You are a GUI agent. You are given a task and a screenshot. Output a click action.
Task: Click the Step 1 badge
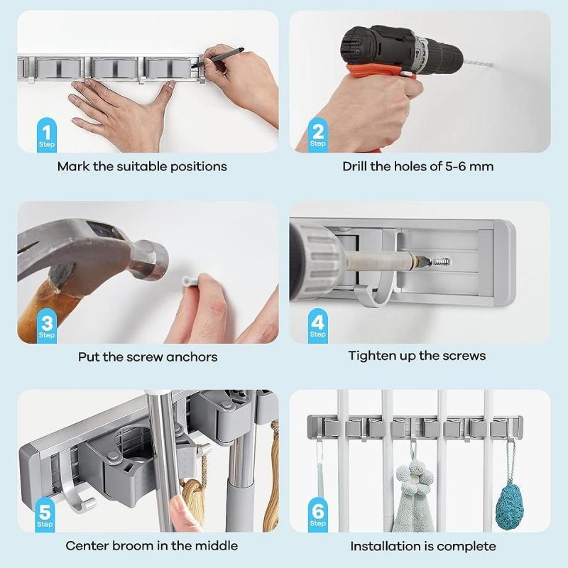point(47,135)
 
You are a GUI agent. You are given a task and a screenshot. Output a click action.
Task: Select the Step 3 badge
point(47,326)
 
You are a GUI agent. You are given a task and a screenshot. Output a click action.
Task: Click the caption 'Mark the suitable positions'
point(142,166)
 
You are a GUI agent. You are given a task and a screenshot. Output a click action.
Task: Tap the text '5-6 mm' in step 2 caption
point(469,166)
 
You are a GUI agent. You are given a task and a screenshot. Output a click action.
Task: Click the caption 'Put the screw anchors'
point(148,356)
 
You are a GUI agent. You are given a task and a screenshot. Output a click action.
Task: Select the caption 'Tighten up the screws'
point(417,355)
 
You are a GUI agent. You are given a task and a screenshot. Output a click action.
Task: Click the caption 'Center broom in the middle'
point(151,545)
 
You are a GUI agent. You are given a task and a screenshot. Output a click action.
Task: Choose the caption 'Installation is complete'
point(423,545)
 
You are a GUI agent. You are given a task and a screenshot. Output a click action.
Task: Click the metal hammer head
point(106,252)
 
